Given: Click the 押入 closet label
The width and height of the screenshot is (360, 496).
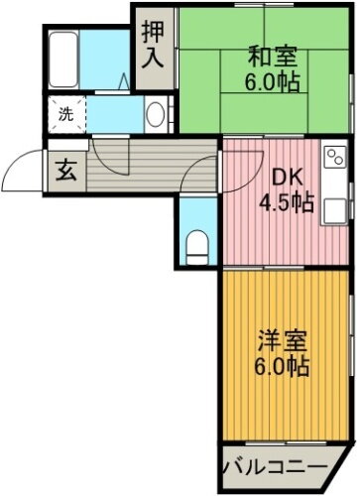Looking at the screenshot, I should pos(153,46).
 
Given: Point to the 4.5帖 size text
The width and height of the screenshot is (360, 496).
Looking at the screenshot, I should pos(287,203).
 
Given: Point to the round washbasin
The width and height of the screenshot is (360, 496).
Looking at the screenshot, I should pos(157,114).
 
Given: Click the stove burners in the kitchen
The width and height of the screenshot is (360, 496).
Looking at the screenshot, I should pos(333,156).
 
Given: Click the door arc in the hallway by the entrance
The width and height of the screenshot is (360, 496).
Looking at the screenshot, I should pos(106,159).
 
